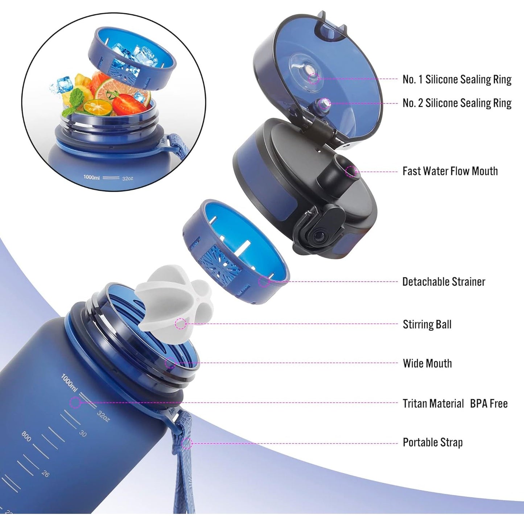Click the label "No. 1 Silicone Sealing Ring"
[x=457, y=79]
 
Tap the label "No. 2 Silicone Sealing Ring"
[x=457, y=103]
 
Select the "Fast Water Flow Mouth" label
[x=450, y=171]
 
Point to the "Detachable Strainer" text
[x=443, y=282]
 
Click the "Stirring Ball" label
[x=427, y=325]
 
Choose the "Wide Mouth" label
[x=427, y=363]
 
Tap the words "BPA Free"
[x=489, y=404]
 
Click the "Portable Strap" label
[x=433, y=442]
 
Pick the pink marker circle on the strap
[x=187, y=443]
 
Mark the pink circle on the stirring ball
[x=181, y=324]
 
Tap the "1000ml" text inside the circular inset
[x=91, y=177]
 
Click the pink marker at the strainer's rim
[x=264, y=281]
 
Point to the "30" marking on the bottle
[x=83, y=433]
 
